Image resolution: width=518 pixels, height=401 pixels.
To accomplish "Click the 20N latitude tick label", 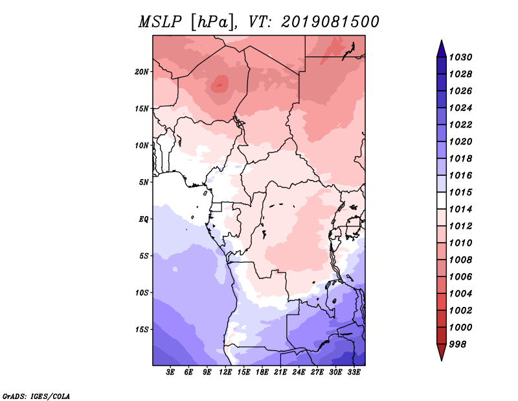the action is [142, 72].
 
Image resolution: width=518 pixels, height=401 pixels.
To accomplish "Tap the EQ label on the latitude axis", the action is [144, 219].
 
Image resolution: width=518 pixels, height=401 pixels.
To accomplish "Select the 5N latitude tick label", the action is [144, 182].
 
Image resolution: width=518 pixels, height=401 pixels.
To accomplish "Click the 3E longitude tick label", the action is [170, 372].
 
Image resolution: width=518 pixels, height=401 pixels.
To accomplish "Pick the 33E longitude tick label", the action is [354, 372].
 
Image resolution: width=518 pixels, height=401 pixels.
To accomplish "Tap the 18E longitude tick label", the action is [262, 372].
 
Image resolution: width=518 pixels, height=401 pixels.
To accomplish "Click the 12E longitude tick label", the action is [225, 372].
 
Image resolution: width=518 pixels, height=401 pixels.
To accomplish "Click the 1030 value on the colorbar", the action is [460, 57].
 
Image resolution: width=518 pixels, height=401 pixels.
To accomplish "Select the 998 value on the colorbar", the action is [458, 345].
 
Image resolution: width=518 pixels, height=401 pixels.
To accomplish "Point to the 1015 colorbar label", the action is [460, 192].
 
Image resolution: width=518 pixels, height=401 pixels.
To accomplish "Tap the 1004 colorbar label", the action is [460, 294].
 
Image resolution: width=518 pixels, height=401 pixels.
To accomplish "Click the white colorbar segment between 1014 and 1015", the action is [442, 200].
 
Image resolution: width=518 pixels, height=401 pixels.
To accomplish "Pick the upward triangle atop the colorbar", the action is [442, 49].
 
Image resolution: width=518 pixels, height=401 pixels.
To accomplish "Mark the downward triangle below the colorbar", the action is [442, 352].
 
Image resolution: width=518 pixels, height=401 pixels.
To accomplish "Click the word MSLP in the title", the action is [160, 22].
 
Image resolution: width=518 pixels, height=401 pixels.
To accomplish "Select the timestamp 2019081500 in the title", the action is [330, 22].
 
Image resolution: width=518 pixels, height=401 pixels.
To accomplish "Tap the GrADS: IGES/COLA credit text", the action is [36, 396].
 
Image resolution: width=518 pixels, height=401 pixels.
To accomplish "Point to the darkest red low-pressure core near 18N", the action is [220, 86].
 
